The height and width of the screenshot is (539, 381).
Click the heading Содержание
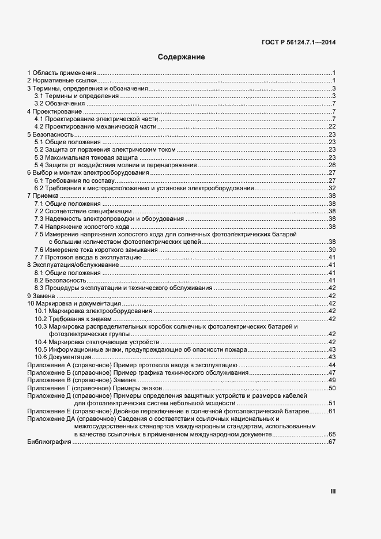(182, 58)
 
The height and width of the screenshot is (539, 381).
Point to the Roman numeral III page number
(333, 491)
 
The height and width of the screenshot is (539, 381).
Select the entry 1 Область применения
(62, 73)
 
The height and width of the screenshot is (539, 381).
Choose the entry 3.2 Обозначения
(60, 103)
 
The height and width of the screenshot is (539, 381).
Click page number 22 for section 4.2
(332, 126)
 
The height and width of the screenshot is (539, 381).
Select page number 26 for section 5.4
(332, 165)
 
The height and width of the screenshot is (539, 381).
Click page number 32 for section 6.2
(332, 188)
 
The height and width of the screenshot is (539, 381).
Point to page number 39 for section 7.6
(332, 250)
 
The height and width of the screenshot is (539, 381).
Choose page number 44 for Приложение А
(332, 365)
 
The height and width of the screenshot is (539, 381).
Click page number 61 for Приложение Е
(332, 411)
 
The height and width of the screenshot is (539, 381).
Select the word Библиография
(49, 442)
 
